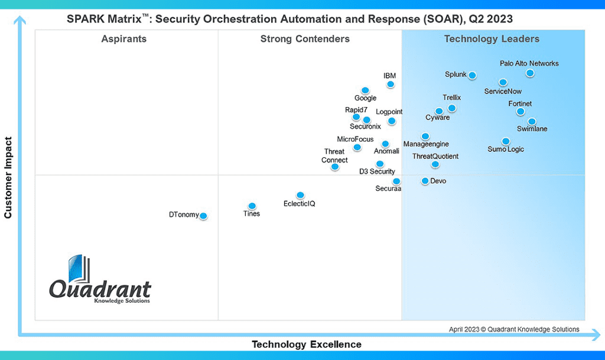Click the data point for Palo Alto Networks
coord(530,73)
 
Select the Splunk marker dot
coord(472,75)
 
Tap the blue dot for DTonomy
coord(203,216)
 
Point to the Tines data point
coord(252,206)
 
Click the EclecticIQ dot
coord(300,195)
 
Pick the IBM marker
coord(390,84)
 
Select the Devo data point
coord(425,181)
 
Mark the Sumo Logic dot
coord(506,141)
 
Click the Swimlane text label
coord(532,129)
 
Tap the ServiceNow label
coord(503,92)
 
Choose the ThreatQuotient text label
coord(435,157)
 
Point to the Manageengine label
coord(426,144)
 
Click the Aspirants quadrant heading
coord(124,40)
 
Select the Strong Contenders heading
coord(305,40)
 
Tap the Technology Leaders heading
coord(492,40)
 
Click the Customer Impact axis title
coord(8,177)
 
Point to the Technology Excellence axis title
coord(307,345)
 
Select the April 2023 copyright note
coord(514,329)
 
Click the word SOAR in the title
coord(439,19)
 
